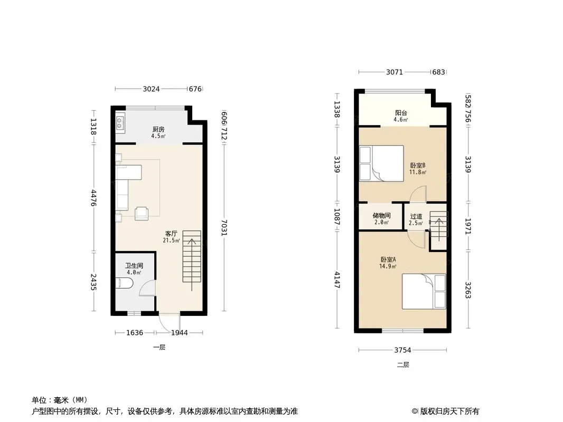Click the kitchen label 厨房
pyautogui.click(x=158, y=129)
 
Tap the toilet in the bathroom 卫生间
pyautogui.click(x=125, y=284)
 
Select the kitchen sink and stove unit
pyautogui.click(x=120, y=123)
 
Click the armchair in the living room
pyautogui.click(x=142, y=214)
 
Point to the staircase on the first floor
pyautogui.click(x=192, y=256)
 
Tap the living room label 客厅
pyautogui.click(x=171, y=233)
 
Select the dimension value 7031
pyautogui.click(x=224, y=228)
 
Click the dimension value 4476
pyautogui.click(x=93, y=198)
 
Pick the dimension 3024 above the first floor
pyautogui.click(x=151, y=89)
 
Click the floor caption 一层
pyautogui.click(x=159, y=348)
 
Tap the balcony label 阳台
pyautogui.click(x=401, y=113)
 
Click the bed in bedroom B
pyautogui.click(x=382, y=163)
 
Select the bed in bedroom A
pyautogui.click(x=424, y=291)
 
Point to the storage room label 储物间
pyautogui.click(x=382, y=215)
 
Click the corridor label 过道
pyautogui.click(x=416, y=216)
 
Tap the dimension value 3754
pyautogui.click(x=403, y=350)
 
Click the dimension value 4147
pyautogui.click(x=337, y=280)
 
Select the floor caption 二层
pyautogui.click(x=403, y=365)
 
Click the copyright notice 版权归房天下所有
pyautogui.click(x=449, y=411)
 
